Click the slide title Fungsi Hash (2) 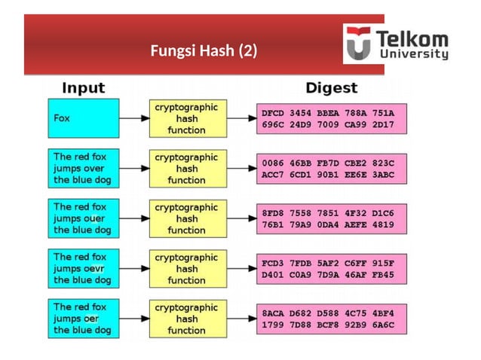[x=204, y=51]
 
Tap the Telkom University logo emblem [x=358, y=44]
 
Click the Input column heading [x=83, y=87]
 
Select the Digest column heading [x=330, y=87]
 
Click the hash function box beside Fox [x=186, y=118]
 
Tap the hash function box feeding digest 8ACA [x=186, y=319]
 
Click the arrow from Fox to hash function [x=133, y=119]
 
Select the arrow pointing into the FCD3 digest [x=240, y=269]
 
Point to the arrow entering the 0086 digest [x=240, y=169]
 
